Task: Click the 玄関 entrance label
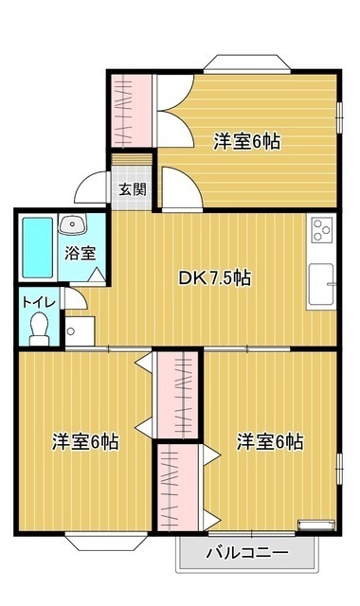tap(132, 187)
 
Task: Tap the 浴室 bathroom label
tap(81, 253)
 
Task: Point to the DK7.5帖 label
tap(215, 278)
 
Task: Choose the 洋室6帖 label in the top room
tap(246, 141)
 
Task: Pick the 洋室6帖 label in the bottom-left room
tap(84, 441)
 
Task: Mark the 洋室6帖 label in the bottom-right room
tap(270, 441)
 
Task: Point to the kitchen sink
tap(320, 283)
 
